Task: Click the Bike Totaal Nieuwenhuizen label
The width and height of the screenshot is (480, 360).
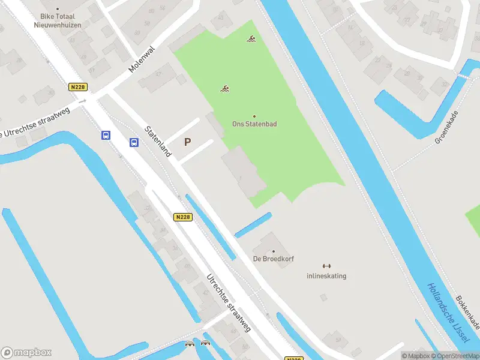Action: coord(58,22)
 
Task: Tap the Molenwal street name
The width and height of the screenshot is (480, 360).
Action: coord(142,59)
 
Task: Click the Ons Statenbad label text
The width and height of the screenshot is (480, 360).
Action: coord(254,124)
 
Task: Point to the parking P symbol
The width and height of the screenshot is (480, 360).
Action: coord(188,142)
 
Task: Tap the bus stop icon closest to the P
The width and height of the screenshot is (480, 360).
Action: coord(134,142)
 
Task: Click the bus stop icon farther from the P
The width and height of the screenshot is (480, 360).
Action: coord(106,135)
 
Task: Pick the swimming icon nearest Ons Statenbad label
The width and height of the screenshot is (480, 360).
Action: coord(225,90)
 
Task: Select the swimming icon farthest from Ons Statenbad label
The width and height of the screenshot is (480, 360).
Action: coord(251,40)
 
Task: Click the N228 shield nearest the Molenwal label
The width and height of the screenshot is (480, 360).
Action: coord(78,87)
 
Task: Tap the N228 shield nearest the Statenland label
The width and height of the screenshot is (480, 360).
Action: coord(183,217)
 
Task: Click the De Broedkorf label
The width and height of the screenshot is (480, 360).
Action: coord(273,259)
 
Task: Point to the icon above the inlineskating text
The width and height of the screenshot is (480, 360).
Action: coord(326,266)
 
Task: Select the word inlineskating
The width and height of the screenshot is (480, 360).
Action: coord(326,276)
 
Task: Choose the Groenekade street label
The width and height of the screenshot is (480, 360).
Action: coord(446,127)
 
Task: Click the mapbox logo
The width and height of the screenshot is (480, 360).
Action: coord(26,353)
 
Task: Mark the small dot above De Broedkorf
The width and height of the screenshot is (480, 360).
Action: coord(273,251)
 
